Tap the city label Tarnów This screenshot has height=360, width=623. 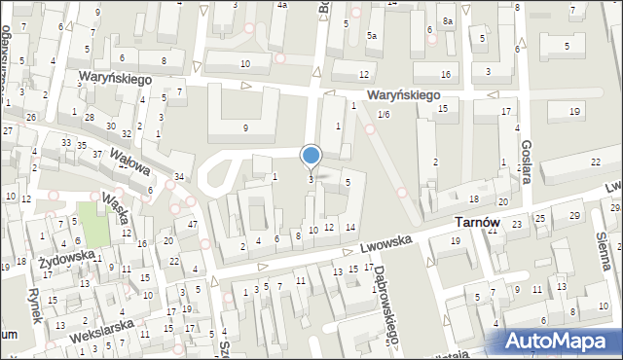(477, 223)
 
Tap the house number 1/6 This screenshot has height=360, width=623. (384, 115)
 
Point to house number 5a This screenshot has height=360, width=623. (372, 36)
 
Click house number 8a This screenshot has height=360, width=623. (447, 21)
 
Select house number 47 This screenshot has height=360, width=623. (193, 225)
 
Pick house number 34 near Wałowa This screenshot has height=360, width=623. (179, 176)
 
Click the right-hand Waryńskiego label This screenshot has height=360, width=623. (403, 95)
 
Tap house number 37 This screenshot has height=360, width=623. (96, 155)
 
